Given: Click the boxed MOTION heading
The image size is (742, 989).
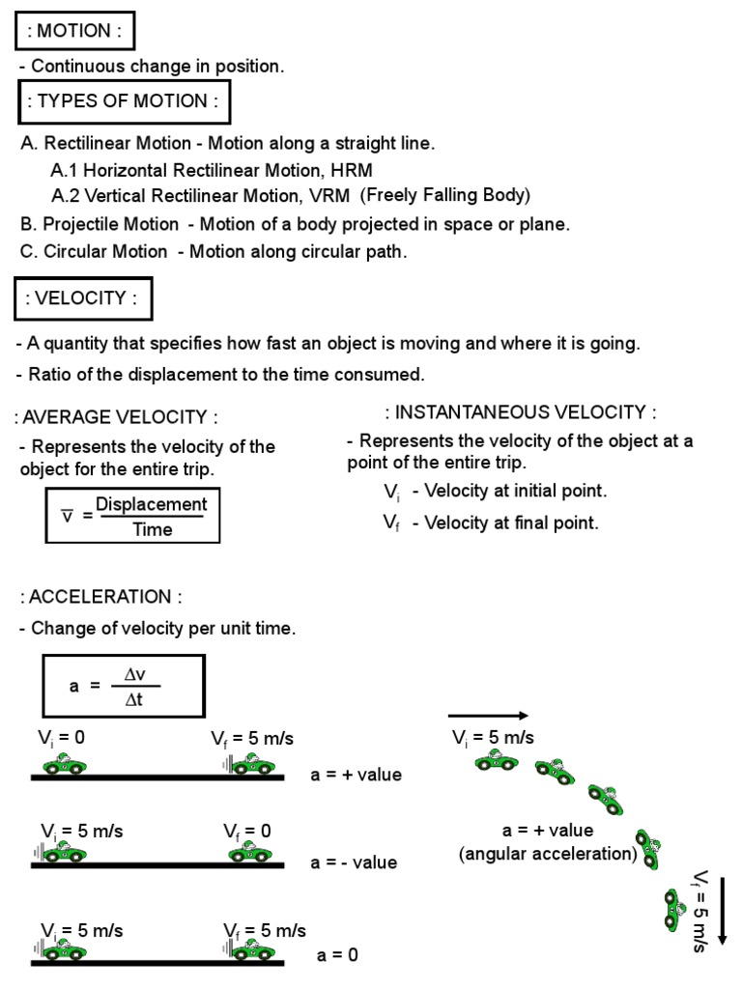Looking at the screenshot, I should [73, 30].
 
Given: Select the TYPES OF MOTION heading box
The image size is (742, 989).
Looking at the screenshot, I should [122, 101].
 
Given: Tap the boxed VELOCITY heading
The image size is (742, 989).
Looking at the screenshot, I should [83, 298].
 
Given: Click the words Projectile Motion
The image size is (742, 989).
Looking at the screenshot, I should [111, 224].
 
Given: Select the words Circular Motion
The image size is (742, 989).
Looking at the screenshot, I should [105, 252].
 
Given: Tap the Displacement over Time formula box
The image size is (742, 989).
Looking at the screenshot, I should [132, 517].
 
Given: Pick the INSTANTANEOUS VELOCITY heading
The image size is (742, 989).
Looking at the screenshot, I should [521, 412].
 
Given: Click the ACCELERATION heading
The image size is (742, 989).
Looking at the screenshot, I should [100, 597].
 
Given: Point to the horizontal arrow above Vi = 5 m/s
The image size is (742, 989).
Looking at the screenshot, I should [488, 716].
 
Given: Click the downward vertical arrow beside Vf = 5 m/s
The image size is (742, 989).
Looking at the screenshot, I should [722, 908].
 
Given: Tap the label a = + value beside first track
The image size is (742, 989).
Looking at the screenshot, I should [356, 775].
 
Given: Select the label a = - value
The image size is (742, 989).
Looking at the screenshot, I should [354, 862].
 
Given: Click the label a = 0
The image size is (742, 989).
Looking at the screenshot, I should [337, 955].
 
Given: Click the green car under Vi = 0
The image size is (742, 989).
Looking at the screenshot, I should [65, 764].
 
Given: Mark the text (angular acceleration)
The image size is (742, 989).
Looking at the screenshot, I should [549, 854].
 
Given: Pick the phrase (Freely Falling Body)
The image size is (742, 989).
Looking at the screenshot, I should [445, 195].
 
